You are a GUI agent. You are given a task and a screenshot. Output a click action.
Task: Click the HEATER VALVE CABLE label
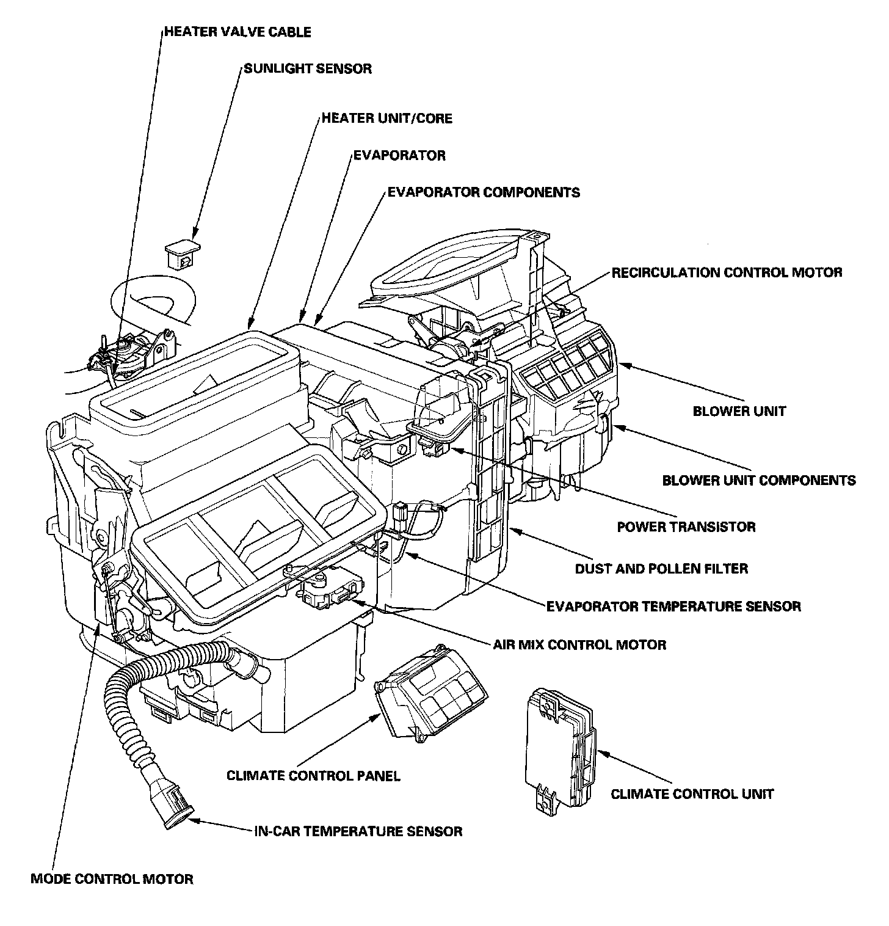coord(238,31)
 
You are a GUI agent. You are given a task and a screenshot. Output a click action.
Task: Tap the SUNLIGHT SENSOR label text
coord(308,68)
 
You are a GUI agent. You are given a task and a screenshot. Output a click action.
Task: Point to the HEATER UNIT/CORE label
coord(387,117)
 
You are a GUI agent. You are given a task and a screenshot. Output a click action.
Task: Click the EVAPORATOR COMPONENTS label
coord(484,192)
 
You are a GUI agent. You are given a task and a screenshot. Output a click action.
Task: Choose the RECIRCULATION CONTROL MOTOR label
coord(727,272)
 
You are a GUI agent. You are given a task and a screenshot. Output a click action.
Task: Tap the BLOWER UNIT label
coord(739,411)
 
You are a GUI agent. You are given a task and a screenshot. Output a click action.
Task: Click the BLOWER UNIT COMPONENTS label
coord(759,480)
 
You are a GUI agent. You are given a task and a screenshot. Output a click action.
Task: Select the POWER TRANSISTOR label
coord(686,527)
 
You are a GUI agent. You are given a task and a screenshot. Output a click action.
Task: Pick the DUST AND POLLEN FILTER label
coord(661,569)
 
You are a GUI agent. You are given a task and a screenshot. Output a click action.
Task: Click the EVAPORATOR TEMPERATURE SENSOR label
coord(673,606)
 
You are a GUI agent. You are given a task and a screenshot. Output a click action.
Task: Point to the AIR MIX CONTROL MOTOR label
coord(579,644)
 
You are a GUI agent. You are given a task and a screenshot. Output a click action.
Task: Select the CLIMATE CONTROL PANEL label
coord(313,776)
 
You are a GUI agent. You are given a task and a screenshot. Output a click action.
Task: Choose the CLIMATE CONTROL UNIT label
coord(692,794)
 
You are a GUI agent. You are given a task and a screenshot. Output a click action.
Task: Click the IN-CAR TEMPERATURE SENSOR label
coord(358,831)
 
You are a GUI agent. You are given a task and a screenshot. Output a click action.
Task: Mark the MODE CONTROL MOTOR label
coord(112,879)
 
